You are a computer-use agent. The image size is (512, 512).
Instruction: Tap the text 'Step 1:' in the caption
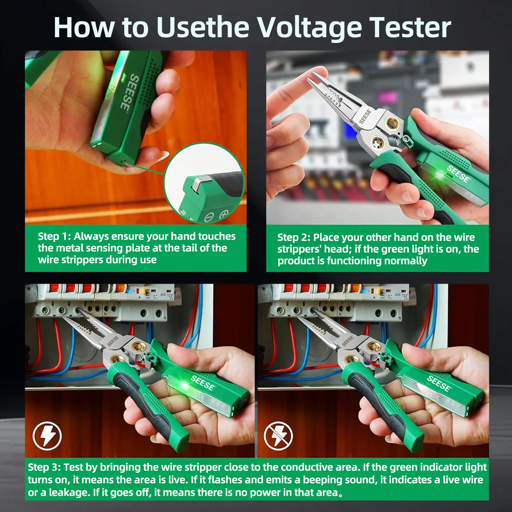(54, 236)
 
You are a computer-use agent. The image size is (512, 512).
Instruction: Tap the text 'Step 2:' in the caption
(294, 237)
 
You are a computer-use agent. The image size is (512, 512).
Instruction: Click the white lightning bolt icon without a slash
(47, 436)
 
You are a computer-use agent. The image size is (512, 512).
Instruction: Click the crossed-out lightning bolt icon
(278, 436)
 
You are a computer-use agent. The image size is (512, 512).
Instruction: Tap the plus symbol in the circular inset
(224, 215)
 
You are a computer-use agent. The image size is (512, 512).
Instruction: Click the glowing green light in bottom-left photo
(184, 386)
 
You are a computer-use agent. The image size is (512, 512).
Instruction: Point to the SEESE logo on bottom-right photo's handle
(439, 383)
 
